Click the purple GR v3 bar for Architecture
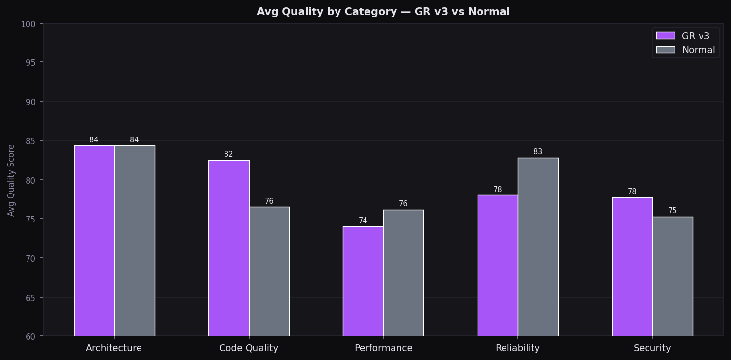94,241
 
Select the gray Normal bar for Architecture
135,241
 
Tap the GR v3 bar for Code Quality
228,248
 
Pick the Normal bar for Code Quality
269,271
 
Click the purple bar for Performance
363,281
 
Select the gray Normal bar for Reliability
538,247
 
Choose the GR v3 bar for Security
632,267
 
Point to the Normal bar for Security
673,276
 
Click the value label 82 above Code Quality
228,154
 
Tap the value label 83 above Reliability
538,152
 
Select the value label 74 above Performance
363,221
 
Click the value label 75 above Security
673,211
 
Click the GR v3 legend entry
686,36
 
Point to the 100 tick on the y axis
28,24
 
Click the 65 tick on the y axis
30,298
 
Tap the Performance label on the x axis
384,348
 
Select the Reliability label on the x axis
518,348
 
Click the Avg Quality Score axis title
11,180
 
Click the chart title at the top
383,12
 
